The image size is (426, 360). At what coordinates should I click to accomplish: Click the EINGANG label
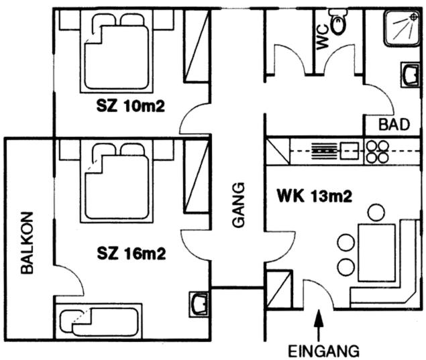point(323,351)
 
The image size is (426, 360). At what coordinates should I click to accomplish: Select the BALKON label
point(27,243)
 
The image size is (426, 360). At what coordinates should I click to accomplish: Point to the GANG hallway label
point(239,204)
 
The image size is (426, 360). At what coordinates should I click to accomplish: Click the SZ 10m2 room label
point(131,106)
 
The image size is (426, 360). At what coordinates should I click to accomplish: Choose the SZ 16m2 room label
point(131,254)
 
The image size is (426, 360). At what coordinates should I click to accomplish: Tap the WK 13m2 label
point(315,196)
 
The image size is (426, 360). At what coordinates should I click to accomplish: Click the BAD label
point(394,125)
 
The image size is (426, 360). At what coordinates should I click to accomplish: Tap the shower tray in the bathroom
point(402,28)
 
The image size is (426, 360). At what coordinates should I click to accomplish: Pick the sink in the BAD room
point(411,74)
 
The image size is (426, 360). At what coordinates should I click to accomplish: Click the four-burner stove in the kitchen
point(377,152)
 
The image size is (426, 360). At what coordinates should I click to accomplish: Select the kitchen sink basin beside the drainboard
point(348,151)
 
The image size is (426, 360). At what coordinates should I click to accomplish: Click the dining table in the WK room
point(376,253)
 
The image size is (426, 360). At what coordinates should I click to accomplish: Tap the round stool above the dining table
point(376,213)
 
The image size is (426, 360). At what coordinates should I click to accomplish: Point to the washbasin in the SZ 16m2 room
point(199,304)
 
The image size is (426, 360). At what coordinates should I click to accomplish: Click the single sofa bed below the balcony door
point(99,321)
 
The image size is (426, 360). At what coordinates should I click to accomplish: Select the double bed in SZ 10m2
point(117,52)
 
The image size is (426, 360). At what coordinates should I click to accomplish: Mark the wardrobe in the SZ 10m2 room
point(198,46)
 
